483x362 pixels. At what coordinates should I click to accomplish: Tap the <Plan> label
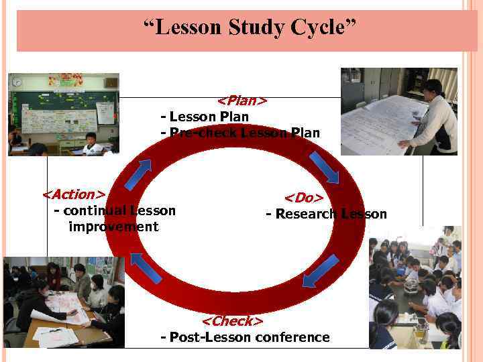(x=242, y=101)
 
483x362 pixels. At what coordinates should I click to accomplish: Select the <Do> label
(x=304, y=198)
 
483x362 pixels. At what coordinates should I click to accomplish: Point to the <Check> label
(x=231, y=321)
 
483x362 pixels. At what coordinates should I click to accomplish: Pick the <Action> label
(x=74, y=194)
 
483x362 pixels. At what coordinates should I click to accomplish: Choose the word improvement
(x=113, y=227)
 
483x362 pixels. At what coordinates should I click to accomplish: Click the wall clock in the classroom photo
(x=17, y=82)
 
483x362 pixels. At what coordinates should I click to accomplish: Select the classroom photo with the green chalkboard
(x=63, y=114)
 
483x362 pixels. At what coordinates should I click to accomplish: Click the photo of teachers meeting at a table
(x=64, y=302)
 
